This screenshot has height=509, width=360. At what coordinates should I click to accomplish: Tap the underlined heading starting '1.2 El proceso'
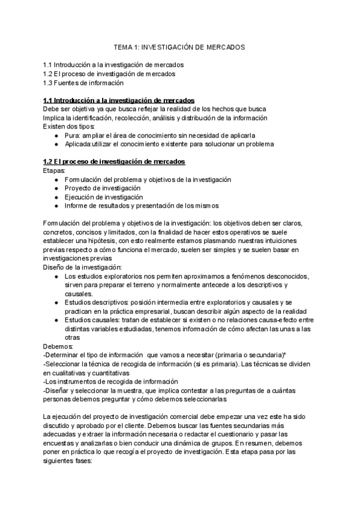tap(114, 162)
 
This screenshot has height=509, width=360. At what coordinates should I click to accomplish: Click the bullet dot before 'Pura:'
tap(56, 136)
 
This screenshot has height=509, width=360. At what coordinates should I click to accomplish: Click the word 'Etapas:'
tap(55, 171)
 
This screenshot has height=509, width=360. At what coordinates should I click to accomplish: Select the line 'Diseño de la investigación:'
tap(82, 267)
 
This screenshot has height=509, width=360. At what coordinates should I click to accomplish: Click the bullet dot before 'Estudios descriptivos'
tap(56, 302)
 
